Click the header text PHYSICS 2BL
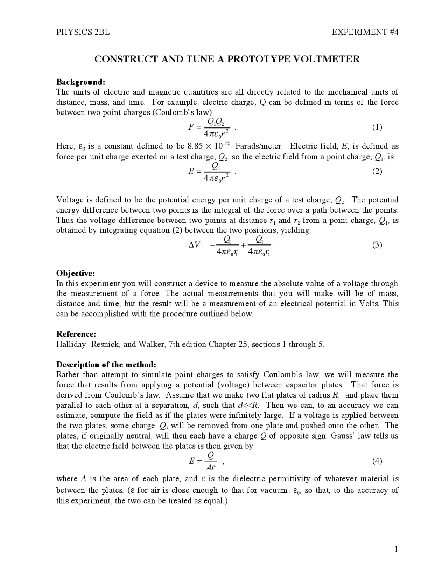click(x=83, y=32)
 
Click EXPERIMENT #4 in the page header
click(x=365, y=32)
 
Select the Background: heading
click(x=81, y=82)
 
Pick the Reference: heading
click(x=76, y=334)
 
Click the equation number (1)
click(x=377, y=127)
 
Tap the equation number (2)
click(x=377, y=171)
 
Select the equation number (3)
click(x=377, y=245)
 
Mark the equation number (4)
click(x=377, y=461)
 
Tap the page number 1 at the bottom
click(x=396, y=549)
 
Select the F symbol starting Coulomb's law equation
click(x=191, y=127)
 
